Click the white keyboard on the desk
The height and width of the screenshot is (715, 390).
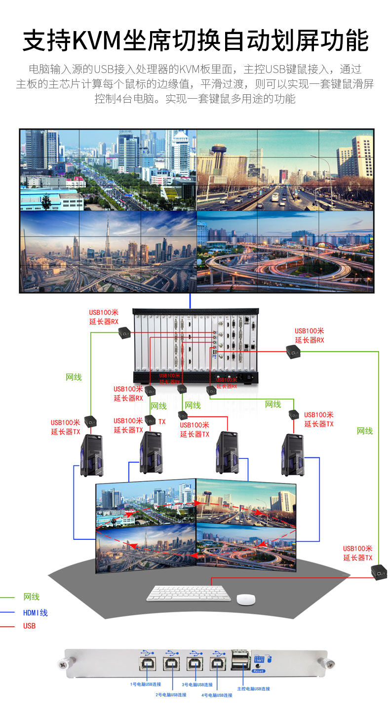(189, 593)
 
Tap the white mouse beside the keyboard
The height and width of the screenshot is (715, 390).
(246, 599)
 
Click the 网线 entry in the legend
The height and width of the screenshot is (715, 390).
(31, 597)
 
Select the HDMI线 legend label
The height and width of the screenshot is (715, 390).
(35, 613)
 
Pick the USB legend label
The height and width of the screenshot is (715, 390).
(29, 626)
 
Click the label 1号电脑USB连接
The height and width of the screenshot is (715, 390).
(146, 684)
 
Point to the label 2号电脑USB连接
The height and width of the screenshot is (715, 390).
(171, 695)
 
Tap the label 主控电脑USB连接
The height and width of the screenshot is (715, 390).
(254, 688)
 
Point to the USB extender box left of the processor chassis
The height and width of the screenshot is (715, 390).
(124, 334)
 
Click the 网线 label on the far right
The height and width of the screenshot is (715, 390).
(365, 431)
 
